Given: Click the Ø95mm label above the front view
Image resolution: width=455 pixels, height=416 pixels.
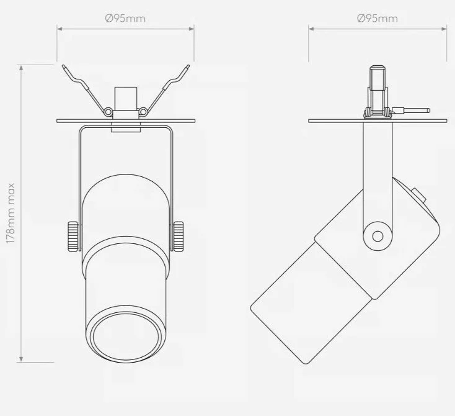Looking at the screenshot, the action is [125, 19].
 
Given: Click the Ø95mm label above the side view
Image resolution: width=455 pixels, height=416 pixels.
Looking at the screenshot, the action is [378, 19].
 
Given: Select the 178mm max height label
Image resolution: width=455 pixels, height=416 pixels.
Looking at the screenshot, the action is [11, 213].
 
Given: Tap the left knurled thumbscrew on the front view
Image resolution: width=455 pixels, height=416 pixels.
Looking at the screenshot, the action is [73, 236].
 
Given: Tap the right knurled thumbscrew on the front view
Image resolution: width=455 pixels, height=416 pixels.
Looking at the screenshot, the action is [179, 236].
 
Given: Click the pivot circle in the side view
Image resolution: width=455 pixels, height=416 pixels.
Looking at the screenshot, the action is [378, 237].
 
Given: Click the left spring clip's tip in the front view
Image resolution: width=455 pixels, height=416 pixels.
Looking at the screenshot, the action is [64, 67].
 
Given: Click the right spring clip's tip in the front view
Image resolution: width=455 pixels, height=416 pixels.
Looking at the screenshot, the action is [188, 67].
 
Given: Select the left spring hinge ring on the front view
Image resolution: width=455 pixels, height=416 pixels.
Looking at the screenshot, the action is [108, 111].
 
